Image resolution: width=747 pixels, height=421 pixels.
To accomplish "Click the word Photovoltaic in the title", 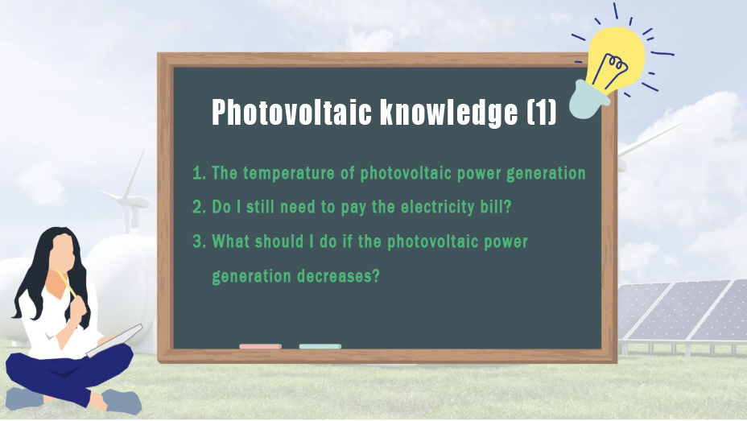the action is tap(291, 113).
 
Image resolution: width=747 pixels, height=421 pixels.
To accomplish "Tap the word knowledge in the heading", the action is tap(449, 114).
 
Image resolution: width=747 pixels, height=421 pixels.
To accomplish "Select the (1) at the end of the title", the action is tap(542, 113).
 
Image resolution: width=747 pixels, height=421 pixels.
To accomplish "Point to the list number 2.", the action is tap(199, 207).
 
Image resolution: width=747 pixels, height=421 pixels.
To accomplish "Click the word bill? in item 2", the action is tap(496, 207).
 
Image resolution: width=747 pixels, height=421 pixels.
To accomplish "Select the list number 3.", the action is tap(199, 241).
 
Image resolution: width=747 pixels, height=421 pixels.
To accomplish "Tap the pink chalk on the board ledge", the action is tap(260, 346).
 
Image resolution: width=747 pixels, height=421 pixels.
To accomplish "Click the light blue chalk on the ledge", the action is tap(320, 346).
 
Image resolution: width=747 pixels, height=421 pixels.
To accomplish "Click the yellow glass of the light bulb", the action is tap(616, 56).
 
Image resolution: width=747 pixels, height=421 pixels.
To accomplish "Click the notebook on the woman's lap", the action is tap(114, 340).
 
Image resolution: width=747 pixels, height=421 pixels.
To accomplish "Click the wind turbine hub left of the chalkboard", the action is tap(129, 200).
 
